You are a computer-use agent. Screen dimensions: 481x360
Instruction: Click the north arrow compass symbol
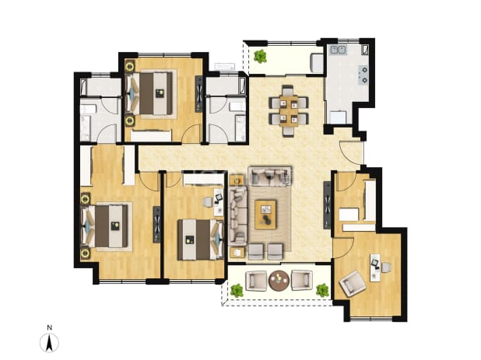(x=49, y=343)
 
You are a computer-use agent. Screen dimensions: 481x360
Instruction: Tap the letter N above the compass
(x=49, y=327)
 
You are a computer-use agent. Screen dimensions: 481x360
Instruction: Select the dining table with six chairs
(x=288, y=110)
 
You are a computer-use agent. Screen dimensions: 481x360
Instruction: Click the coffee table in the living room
(x=265, y=215)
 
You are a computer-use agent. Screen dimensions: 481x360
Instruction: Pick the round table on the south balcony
(x=279, y=280)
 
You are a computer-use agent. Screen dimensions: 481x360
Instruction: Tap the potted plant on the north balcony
(x=261, y=57)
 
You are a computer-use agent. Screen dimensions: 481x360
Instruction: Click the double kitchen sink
(x=338, y=50)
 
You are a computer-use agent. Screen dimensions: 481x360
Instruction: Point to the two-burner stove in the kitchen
(x=363, y=75)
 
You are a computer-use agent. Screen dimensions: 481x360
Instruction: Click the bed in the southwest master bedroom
(x=104, y=226)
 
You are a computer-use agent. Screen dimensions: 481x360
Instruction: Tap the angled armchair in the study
(x=353, y=283)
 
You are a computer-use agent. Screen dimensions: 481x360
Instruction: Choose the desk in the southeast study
(x=374, y=267)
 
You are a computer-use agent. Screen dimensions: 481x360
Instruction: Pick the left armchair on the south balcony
(x=256, y=280)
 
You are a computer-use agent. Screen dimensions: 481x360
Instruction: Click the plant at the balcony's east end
(x=322, y=290)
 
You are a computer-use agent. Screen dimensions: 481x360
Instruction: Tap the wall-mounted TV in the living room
(x=327, y=205)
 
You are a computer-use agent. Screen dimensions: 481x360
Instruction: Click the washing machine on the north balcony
(x=317, y=63)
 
